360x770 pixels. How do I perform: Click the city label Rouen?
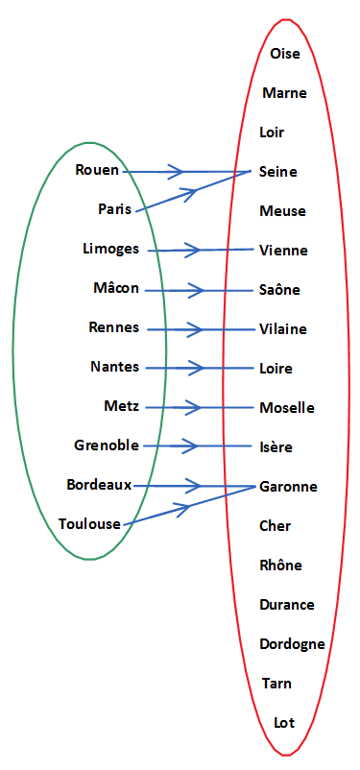pyautogui.click(x=97, y=170)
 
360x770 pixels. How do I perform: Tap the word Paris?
pyautogui.click(x=114, y=208)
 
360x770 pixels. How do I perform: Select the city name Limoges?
pyautogui.click(x=111, y=249)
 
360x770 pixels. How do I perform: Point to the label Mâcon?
pyautogui.click(x=116, y=288)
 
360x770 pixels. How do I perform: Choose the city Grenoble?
pyautogui.click(x=107, y=445)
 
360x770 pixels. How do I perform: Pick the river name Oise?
pyautogui.click(x=285, y=54)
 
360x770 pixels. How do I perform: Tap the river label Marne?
pyautogui.click(x=284, y=93)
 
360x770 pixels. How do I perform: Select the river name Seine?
pyautogui.click(x=278, y=172)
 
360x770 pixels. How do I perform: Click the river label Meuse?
pyautogui.click(x=282, y=211)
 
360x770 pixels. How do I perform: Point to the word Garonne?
pyautogui.click(x=288, y=487)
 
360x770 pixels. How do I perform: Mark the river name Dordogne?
pyautogui.click(x=292, y=644)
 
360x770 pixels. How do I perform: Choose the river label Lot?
pyautogui.click(x=284, y=723)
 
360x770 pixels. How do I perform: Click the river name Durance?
pyautogui.click(x=287, y=605)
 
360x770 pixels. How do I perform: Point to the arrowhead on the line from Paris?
pyautogui.click(x=193, y=191)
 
